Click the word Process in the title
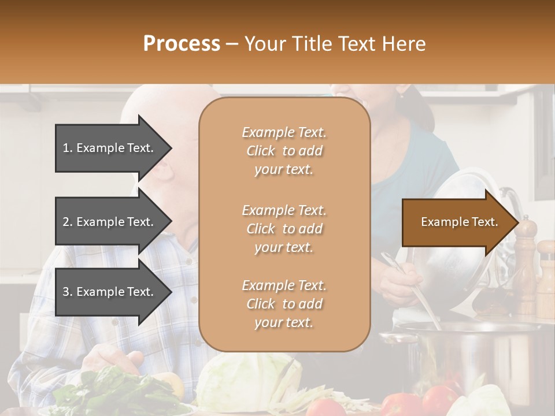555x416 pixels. pos(182,44)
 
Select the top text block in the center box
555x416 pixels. pos(284,151)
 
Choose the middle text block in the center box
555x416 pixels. pos(284,229)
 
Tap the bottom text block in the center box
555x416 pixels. pos(284,304)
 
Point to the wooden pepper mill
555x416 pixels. pos(526,266)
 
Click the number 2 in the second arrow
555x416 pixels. pos(66,222)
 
